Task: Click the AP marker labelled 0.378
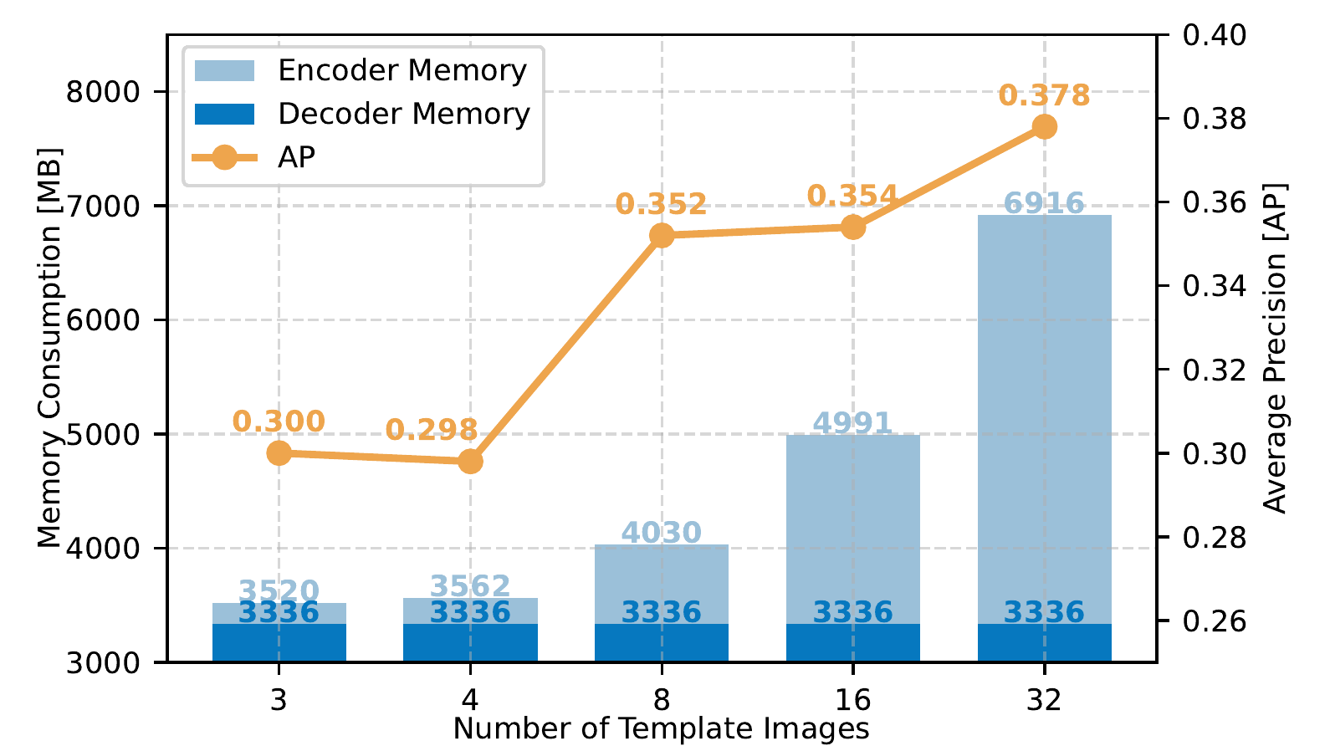[x=1044, y=127]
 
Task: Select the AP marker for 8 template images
[x=662, y=236]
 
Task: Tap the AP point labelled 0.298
[x=470, y=462]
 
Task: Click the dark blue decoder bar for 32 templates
[x=1044, y=642]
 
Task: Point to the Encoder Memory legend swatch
[x=224, y=71]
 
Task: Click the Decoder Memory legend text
[x=403, y=114]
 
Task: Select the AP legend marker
[x=224, y=156]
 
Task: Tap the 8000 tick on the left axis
[x=103, y=91]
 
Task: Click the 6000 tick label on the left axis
[x=103, y=319]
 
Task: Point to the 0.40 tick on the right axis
[x=1214, y=35]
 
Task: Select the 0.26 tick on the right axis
[x=1214, y=621]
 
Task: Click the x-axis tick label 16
[x=852, y=699]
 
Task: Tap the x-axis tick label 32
[x=1044, y=699]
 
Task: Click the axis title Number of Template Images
[x=661, y=729]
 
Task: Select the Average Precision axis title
[x=1275, y=348]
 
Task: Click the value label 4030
[x=661, y=532]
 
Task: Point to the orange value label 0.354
[x=852, y=196]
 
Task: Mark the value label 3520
[x=279, y=590]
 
